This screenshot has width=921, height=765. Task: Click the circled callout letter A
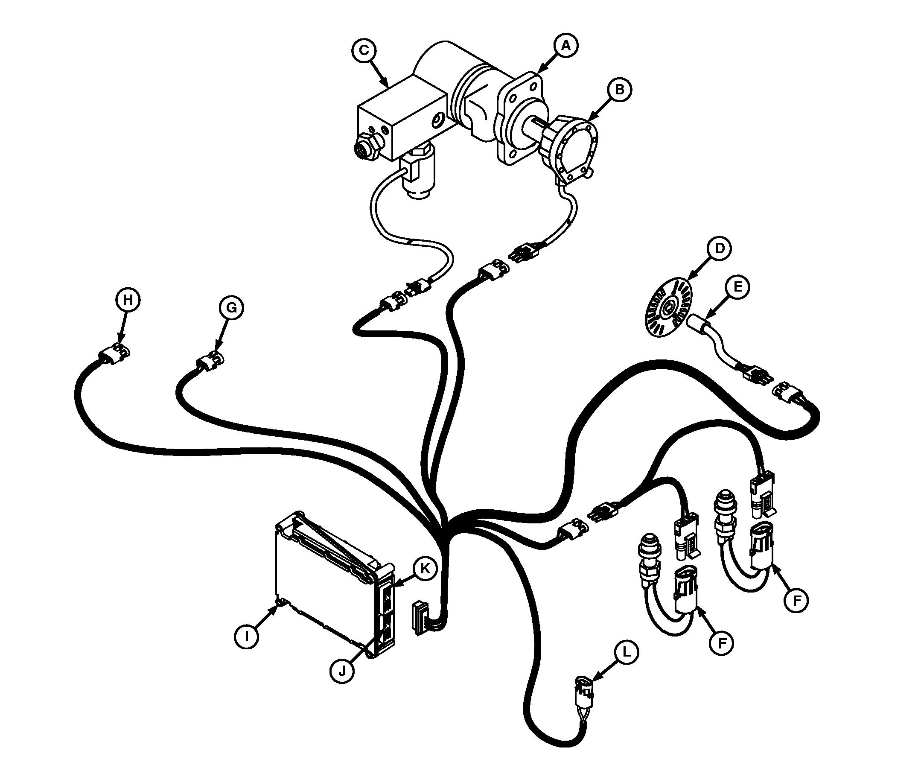(566, 45)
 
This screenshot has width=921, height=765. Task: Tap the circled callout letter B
(619, 90)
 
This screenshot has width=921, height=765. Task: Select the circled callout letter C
(364, 50)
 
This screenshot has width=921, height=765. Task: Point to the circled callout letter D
(720, 248)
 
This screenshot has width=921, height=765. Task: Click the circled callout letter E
(737, 287)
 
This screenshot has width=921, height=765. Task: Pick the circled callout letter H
(128, 300)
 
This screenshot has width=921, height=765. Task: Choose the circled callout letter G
(231, 308)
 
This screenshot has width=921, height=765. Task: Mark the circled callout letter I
(247, 636)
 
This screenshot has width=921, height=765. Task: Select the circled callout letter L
(626, 652)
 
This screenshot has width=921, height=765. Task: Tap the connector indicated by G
(210, 362)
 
